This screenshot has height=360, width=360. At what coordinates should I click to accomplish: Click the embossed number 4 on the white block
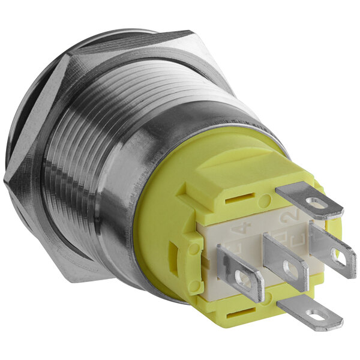click(x=242, y=229)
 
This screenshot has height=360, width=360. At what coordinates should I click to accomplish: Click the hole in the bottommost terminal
click(x=313, y=314)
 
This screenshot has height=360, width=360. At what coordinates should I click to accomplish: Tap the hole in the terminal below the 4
click(x=243, y=278)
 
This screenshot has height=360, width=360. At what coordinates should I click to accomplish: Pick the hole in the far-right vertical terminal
click(x=338, y=256)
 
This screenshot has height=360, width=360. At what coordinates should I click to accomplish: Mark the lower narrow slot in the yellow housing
click(x=238, y=314)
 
